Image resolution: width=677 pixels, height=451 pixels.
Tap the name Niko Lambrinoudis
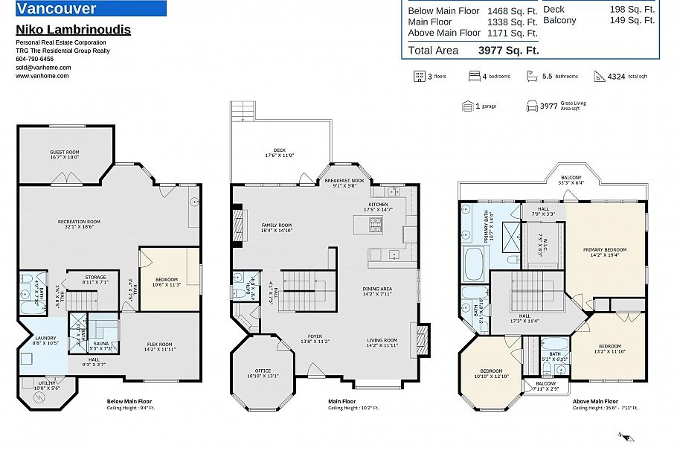point(73,30)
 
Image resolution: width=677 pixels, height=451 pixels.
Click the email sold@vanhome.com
point(43,68)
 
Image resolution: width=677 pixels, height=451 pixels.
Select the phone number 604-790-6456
point(34,59)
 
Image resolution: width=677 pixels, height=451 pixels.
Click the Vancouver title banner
point(89,9)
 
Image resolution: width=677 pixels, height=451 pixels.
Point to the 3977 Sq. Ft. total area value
point(507,51)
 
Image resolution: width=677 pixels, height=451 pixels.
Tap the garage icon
point(467,106)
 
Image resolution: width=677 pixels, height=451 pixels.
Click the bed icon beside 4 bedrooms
point(474,76)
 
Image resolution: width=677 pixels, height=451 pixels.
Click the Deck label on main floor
point(280,153)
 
